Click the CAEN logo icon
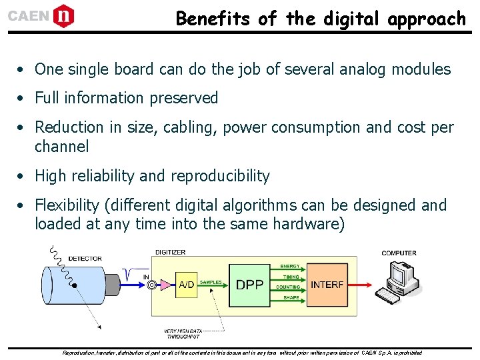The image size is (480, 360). point(63,16)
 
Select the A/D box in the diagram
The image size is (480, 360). point(187,285)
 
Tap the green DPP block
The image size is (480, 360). point(250,285)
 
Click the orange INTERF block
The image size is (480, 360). point(327,285)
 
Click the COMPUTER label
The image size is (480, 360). point(399,253)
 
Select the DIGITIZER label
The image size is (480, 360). point(171,253)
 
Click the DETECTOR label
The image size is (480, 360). point(85,258)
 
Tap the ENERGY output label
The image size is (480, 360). point(290,267)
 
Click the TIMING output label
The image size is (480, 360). point(291,277)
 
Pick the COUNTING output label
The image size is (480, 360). point(289,287)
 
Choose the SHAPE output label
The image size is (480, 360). point(291,298)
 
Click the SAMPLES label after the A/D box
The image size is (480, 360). point(211,283)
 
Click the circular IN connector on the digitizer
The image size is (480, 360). point(152,285)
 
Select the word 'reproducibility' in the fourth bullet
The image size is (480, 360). point(220,177)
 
